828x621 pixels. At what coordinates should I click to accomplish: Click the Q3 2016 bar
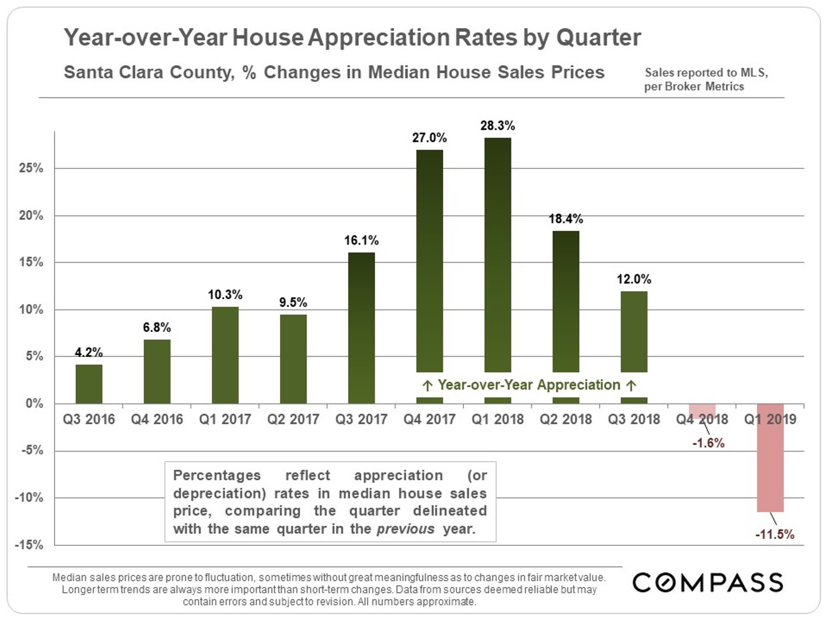tap(89, 384)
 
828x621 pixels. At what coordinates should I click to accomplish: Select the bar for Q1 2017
tap(225, 355)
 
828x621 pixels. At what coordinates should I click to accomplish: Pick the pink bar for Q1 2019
tap(770, 457)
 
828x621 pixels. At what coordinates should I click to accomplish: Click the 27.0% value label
tap(429, 138)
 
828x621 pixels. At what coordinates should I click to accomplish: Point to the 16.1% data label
tap(361, 241)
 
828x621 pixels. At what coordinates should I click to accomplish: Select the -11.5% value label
tap(775, 534)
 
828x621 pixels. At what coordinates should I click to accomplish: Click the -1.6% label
tap(708, 443)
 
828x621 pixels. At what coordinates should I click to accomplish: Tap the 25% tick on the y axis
tap(31, 168)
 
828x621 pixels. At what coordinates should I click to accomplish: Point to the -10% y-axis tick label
tap(29, 498)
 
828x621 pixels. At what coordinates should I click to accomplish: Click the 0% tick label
tap(34, 404)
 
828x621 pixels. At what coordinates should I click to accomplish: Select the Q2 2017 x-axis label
tap(293, 419)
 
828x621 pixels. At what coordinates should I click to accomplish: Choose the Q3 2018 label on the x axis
tap(634, 419)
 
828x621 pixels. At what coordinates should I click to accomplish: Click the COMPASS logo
tap(708, 582)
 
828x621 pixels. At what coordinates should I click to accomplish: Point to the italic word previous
tap(405, 529)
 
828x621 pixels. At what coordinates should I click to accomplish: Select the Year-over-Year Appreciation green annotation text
tap(529, 385)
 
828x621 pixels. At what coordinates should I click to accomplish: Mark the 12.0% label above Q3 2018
tap(634, 279)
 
